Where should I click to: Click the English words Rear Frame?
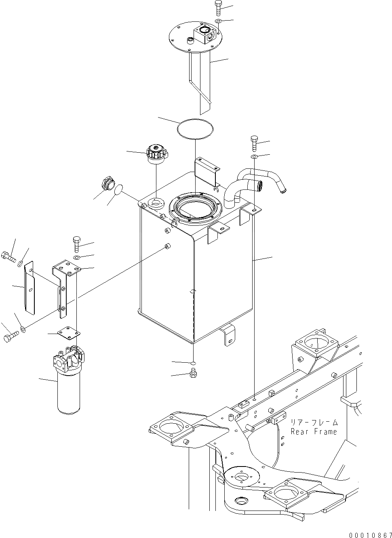[x=314, y=432]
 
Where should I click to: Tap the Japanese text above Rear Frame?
[x=314, y=422]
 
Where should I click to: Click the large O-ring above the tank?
[x=195, y=129]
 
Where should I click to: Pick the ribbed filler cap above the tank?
[x=156, y=154]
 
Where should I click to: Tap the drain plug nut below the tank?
[x=193, y=374]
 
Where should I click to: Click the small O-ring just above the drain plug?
[x=193, y=363]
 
